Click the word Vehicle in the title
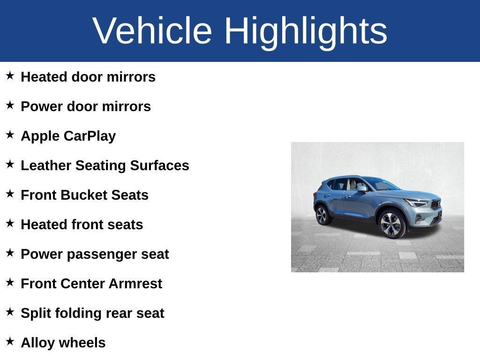point(152,30)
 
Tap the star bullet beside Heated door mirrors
point(10,75)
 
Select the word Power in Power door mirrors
point(42,106)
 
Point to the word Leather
point(46,165)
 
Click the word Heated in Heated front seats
point(44,225)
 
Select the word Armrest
point(135,284)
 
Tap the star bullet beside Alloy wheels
point(10,341)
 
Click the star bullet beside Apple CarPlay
point(10,135)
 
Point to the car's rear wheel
point(322,215)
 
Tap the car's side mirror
point(361,188)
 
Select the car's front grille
point(436,204)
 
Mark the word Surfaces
point(159,165)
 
